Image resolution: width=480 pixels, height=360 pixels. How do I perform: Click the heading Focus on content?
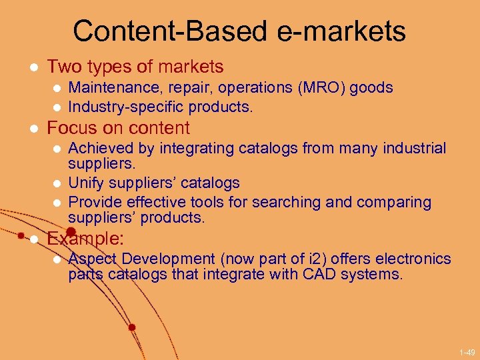118,127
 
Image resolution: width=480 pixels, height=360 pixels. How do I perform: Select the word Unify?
85,183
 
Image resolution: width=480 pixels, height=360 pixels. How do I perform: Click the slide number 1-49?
467,351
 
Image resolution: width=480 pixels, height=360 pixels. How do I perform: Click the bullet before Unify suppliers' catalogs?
57,183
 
